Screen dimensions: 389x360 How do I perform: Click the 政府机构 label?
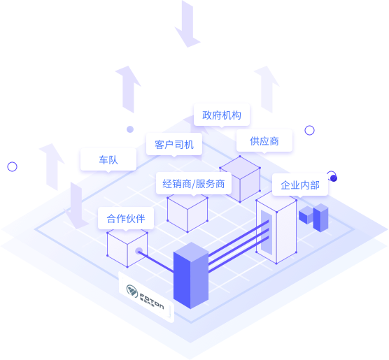[222, 115]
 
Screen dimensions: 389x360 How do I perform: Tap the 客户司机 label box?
[174, 144]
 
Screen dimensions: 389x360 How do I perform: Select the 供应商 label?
[264, 141]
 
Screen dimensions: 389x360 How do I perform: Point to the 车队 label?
[108, 160]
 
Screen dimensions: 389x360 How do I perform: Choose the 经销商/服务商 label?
[194, 184]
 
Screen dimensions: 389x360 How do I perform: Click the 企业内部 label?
[300, 185]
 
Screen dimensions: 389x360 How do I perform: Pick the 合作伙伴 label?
[126, 218]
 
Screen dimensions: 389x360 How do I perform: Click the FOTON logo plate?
[146, 297]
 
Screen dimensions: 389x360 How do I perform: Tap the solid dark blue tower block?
[191, 275]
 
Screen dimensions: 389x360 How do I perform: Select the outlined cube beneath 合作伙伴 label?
[127, 247]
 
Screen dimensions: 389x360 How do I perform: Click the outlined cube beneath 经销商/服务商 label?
[188, 213]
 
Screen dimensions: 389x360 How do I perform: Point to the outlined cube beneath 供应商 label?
[240, 179]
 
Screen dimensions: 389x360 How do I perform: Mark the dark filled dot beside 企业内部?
[334, 178]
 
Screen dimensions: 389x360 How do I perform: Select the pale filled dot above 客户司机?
[130, 129]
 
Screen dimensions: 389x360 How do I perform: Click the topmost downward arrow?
[188, 24]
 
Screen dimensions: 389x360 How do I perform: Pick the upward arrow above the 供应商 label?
[267, 89]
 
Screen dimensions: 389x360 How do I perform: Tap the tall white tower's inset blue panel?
[267, 233]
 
